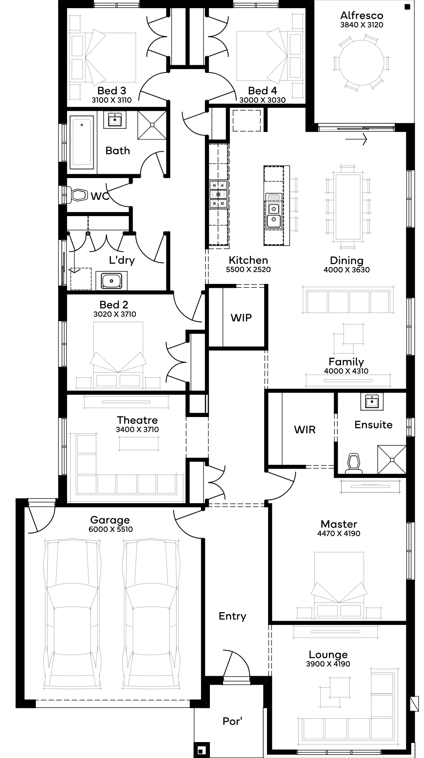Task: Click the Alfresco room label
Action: pyautogui.click(x=362, y=16)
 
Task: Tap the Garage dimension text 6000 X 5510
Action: pyautogui.click(x=111, y=530)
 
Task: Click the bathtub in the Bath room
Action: pyautogui.click(x=82, y=143)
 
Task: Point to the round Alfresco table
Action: pyautogui.click(x=362, y=62)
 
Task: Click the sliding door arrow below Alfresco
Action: pyautogui.click(x=356, y=138)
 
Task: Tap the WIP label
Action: pyautogui.click(x=241, y=318)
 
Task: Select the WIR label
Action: pyautogui.click(x=305, y=429)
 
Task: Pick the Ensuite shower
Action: pyautogui.click(x=392, y=460)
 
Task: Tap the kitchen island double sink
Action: pyautogui.click(x=273, y=215)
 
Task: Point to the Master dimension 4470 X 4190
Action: pyautogui.click(x=339, y=533)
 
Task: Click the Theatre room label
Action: pyautogui.click(x=137, y=420)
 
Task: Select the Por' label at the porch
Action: pyautogui.click(x=232, y=721)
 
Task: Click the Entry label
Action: pyautogui.click(x=232, y=616)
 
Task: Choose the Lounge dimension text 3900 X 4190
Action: pyautogui.click(x=328, y=664)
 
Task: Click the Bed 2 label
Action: pyautogui.click(x=114, y=305)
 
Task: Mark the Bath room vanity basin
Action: pyautogui.click(x=115, y=120)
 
